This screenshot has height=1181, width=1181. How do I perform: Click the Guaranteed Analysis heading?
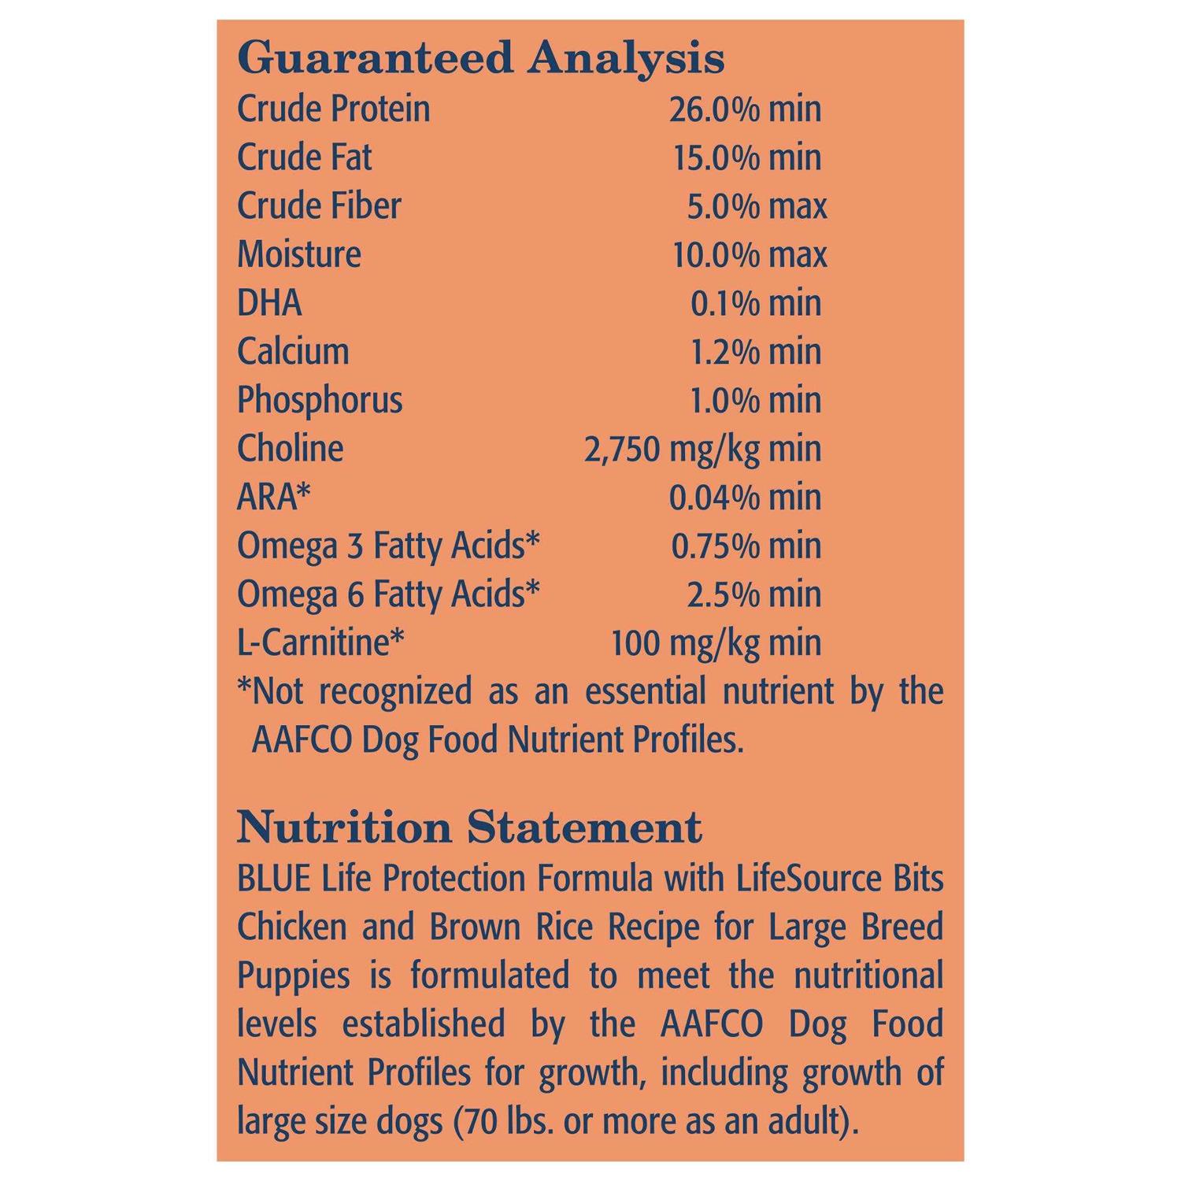pyautogui.click(x=480, y=58)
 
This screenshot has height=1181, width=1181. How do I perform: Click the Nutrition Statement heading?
pyautogui.click(x=469, y=827)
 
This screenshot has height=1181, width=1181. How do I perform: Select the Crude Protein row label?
pyautogui.click(x=333, y=109)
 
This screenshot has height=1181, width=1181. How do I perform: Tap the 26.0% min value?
pyautogui.click(x=745, y=109)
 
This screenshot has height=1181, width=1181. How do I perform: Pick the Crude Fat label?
pyautogui.click(x=304, y=157)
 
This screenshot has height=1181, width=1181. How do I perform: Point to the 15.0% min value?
pyautogui.click(x=746, y=157)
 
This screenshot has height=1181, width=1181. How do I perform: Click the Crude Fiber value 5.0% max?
pyautogui.click(x=757, y=206)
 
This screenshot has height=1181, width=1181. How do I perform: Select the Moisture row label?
pyautogui.click(x=298, y=254)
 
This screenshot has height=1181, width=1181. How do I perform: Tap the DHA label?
pyautogui.click(x=269, y=303)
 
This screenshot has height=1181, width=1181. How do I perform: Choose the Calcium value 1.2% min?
pyautogui.click(x=755, y=351)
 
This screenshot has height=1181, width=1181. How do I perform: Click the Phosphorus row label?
pyautogui.click(x=319, y=400)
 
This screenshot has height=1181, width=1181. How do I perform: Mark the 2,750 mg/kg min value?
pyautogui.click(x=702, y=449)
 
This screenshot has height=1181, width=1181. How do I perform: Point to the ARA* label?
pyautogui.click(x=273, y=497)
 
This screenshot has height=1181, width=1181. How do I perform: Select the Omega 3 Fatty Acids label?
pyautogui.click(x=388, y=546)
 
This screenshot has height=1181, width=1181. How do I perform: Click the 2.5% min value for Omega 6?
pyautogui.click(x=753, y=594)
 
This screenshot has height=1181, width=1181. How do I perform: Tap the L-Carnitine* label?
pyautogui.click(x=320, y=642)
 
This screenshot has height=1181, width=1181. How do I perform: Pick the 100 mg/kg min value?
pyautogui.click(x=716, y=642)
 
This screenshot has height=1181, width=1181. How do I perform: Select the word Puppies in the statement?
pyautogui.click(x=293, y=976)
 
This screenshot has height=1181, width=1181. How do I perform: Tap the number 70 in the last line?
pyautogui.click(x=488, y=1121)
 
